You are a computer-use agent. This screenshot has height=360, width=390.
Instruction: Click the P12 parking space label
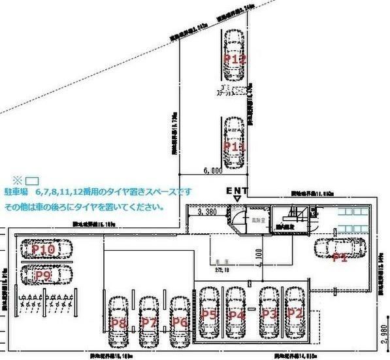pyautogui.click(x=235, y=59)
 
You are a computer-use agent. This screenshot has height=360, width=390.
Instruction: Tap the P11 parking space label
pyautogui.click(x=235, y=147)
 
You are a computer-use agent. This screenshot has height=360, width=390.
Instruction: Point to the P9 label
pyautogui.click(x=43, y=276)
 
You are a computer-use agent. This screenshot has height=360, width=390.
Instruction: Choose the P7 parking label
pyautogui.click(x=149, y=323)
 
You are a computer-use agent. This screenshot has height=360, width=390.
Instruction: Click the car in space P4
pyautogui.click(x=236, y=312)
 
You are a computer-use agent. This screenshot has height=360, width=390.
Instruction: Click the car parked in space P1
pyautogui.click(x=340, y=250)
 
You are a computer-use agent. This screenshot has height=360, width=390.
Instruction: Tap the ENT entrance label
pyautogui.click(x=236, y=190)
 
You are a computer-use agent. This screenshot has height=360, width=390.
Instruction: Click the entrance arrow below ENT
pyautogui.click(x=237, y=197)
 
